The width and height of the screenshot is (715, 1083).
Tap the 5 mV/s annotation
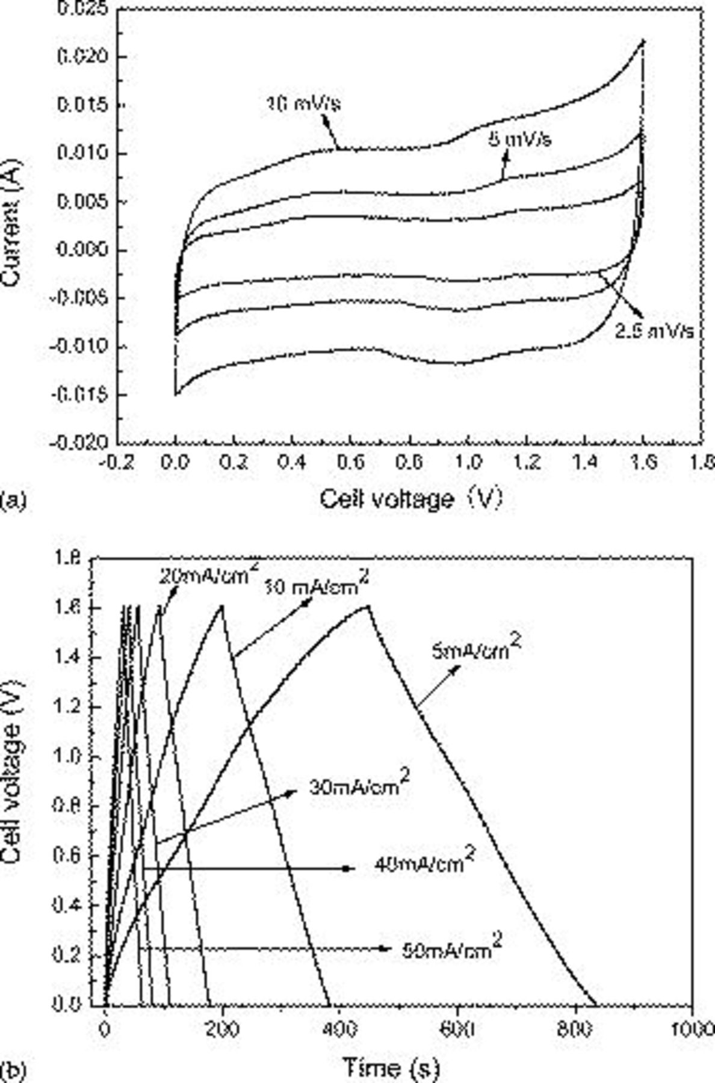point(519,140)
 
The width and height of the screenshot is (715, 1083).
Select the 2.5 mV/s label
point(654,331)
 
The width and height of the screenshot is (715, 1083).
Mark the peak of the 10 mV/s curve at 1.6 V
point(643,41)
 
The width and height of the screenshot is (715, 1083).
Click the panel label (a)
point(13,500)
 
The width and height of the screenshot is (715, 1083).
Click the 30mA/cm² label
point(359,786)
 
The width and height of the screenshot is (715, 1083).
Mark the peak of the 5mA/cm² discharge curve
point(367,606)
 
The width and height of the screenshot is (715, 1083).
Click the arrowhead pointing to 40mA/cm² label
point(346,868)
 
